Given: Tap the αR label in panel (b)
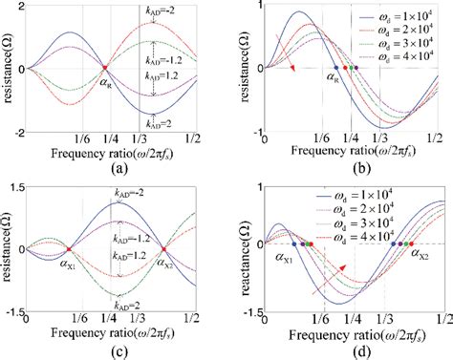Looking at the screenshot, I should click(333, 84).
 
